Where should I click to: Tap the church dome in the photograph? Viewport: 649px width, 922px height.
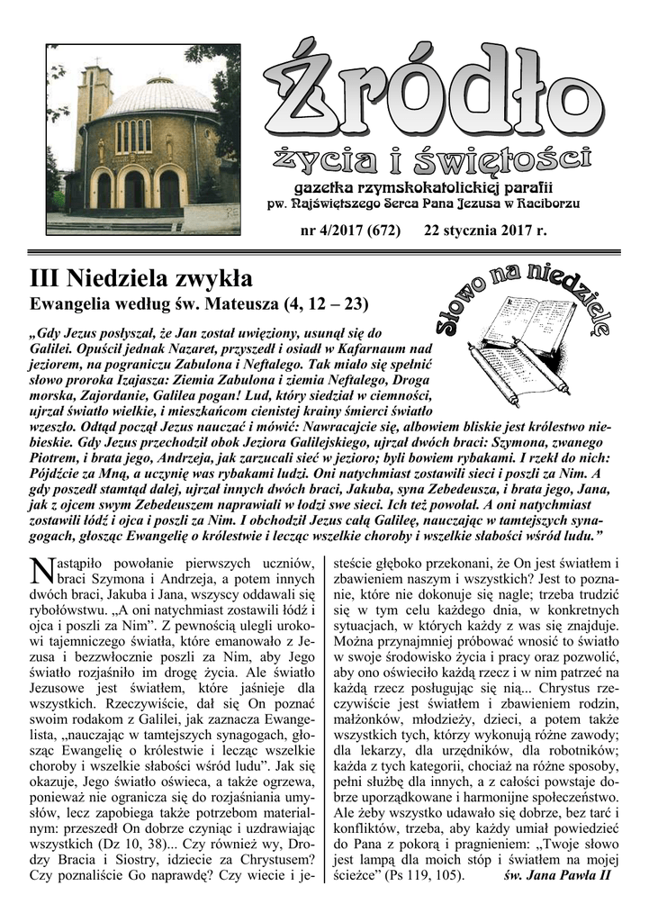click(160, 97)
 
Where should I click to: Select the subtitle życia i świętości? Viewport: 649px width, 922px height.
click(432, 162)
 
